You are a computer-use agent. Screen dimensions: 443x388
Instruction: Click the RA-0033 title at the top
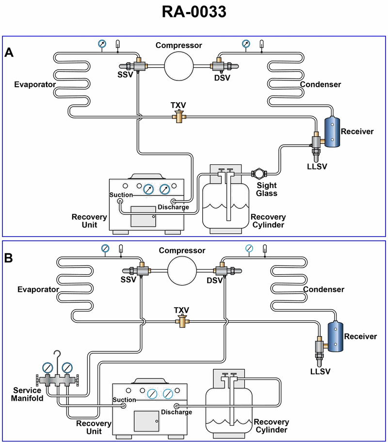194,12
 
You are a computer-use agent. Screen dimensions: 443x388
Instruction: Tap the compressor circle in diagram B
182,270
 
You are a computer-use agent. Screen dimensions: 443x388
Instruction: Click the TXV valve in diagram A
180,116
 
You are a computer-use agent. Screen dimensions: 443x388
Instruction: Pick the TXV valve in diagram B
182,321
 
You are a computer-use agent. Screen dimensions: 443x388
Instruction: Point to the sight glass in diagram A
258,174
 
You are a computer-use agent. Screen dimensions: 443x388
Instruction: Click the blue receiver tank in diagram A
332,132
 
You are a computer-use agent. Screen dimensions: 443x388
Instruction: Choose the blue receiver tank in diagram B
334,336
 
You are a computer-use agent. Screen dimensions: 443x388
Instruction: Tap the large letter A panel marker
9,53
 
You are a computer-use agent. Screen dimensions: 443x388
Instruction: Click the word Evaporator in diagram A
34,85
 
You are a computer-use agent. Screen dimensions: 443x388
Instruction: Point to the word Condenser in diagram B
323,290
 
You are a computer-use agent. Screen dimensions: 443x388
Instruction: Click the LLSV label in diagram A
317,167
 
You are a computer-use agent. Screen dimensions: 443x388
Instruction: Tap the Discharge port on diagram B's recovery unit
177,406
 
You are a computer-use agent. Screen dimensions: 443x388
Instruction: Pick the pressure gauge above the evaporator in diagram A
102,44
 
